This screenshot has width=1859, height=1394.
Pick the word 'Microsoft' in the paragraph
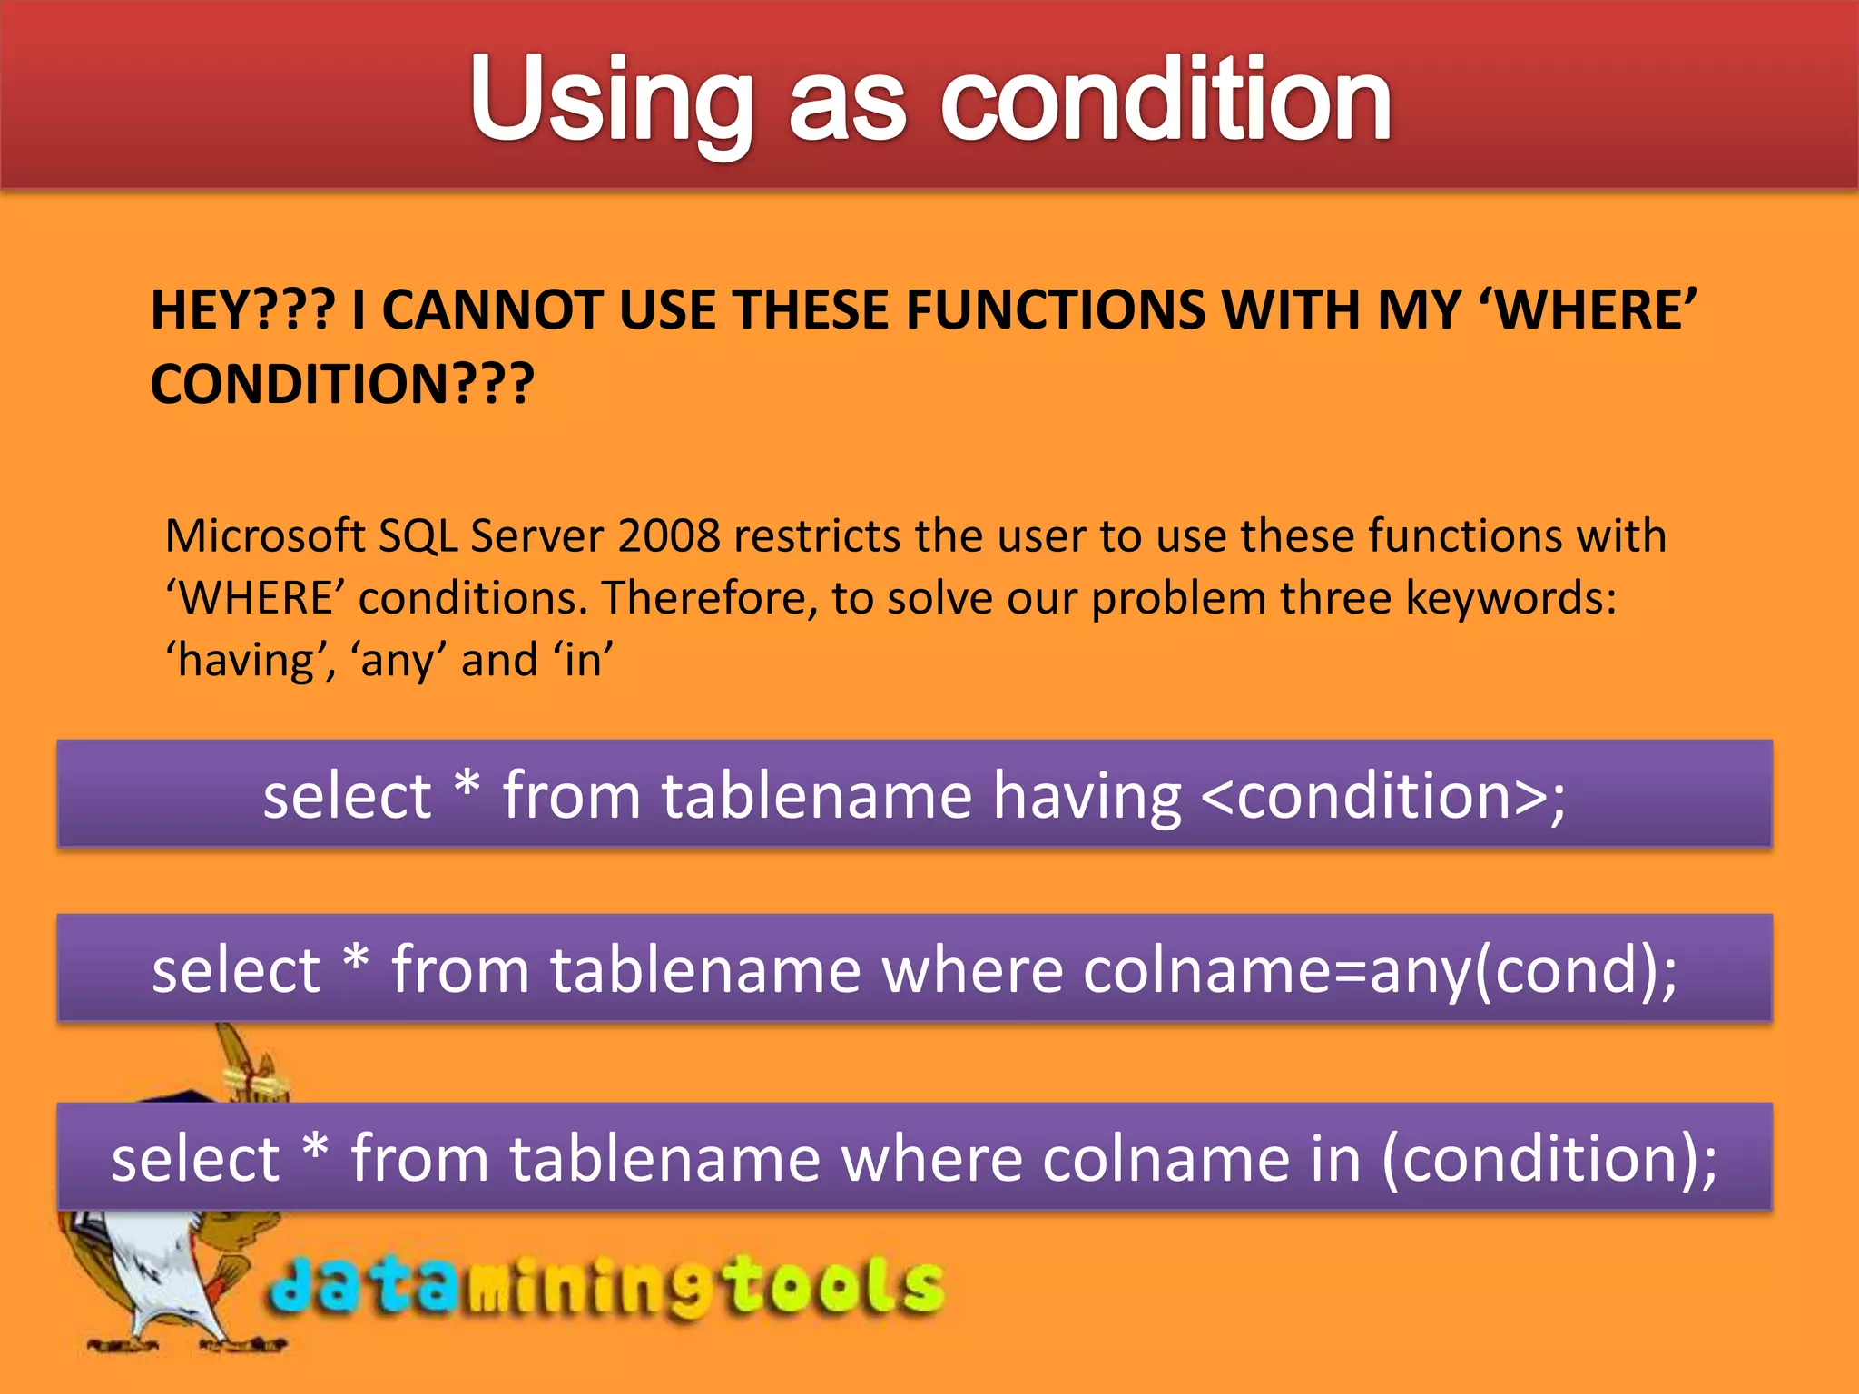tap(264, 535)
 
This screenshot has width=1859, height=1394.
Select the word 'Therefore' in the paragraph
tap(703, 598)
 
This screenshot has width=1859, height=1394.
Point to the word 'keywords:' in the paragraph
tap(1511, 598)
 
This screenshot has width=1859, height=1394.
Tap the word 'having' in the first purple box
tap(1087, 796)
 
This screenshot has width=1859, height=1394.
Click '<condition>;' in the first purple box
tap(1382, 796)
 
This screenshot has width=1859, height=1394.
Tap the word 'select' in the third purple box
tap(195, 1159)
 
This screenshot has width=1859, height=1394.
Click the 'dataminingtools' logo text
tap(606, 1286)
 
